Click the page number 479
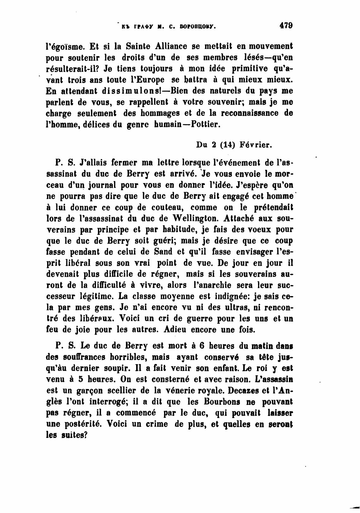point(286,25)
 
